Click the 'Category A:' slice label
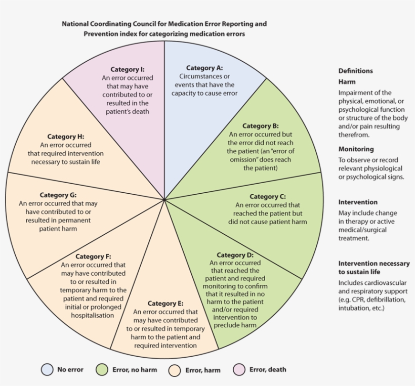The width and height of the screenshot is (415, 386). pos(204,68)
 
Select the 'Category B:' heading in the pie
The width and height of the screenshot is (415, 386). pos(261,126)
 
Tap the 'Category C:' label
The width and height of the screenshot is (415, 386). pos(268,196)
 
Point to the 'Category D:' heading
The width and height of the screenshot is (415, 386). pos(235,255)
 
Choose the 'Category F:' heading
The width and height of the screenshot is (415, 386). pos(93,256)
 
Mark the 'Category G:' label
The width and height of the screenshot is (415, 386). pos(58,195)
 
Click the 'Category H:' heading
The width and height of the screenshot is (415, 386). pos(66,137)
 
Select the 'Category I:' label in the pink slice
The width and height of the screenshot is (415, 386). pos(128,69)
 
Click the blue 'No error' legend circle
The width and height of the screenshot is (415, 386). pos(47,370)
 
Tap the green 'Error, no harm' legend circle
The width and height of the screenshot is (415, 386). pos(102,370)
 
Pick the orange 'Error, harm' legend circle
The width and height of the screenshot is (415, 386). pos(175,370)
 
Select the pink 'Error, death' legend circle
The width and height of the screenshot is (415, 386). pos(239,370)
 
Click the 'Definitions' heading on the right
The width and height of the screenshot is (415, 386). pos(355,71)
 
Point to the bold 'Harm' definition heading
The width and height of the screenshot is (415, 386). pos(347,81)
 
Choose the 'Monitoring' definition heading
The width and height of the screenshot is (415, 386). pos(356,149)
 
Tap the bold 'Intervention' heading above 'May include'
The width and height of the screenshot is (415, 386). pos(358,202)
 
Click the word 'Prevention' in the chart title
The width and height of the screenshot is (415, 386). pos(102,34)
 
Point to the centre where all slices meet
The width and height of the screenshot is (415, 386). pos(164,199)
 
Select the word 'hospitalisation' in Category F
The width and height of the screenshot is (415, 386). pos(93,315)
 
